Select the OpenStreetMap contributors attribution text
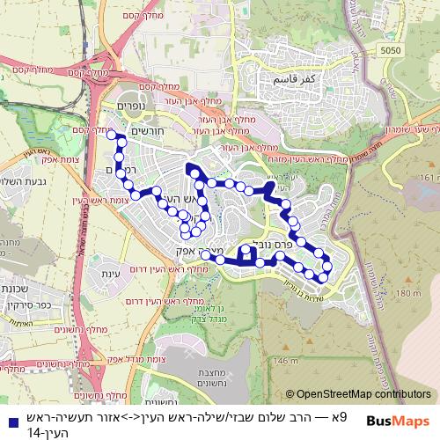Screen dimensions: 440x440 pyautogui.click(x=363, y=395)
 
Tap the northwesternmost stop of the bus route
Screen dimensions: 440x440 pyautogui.click(x=111, y=135)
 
